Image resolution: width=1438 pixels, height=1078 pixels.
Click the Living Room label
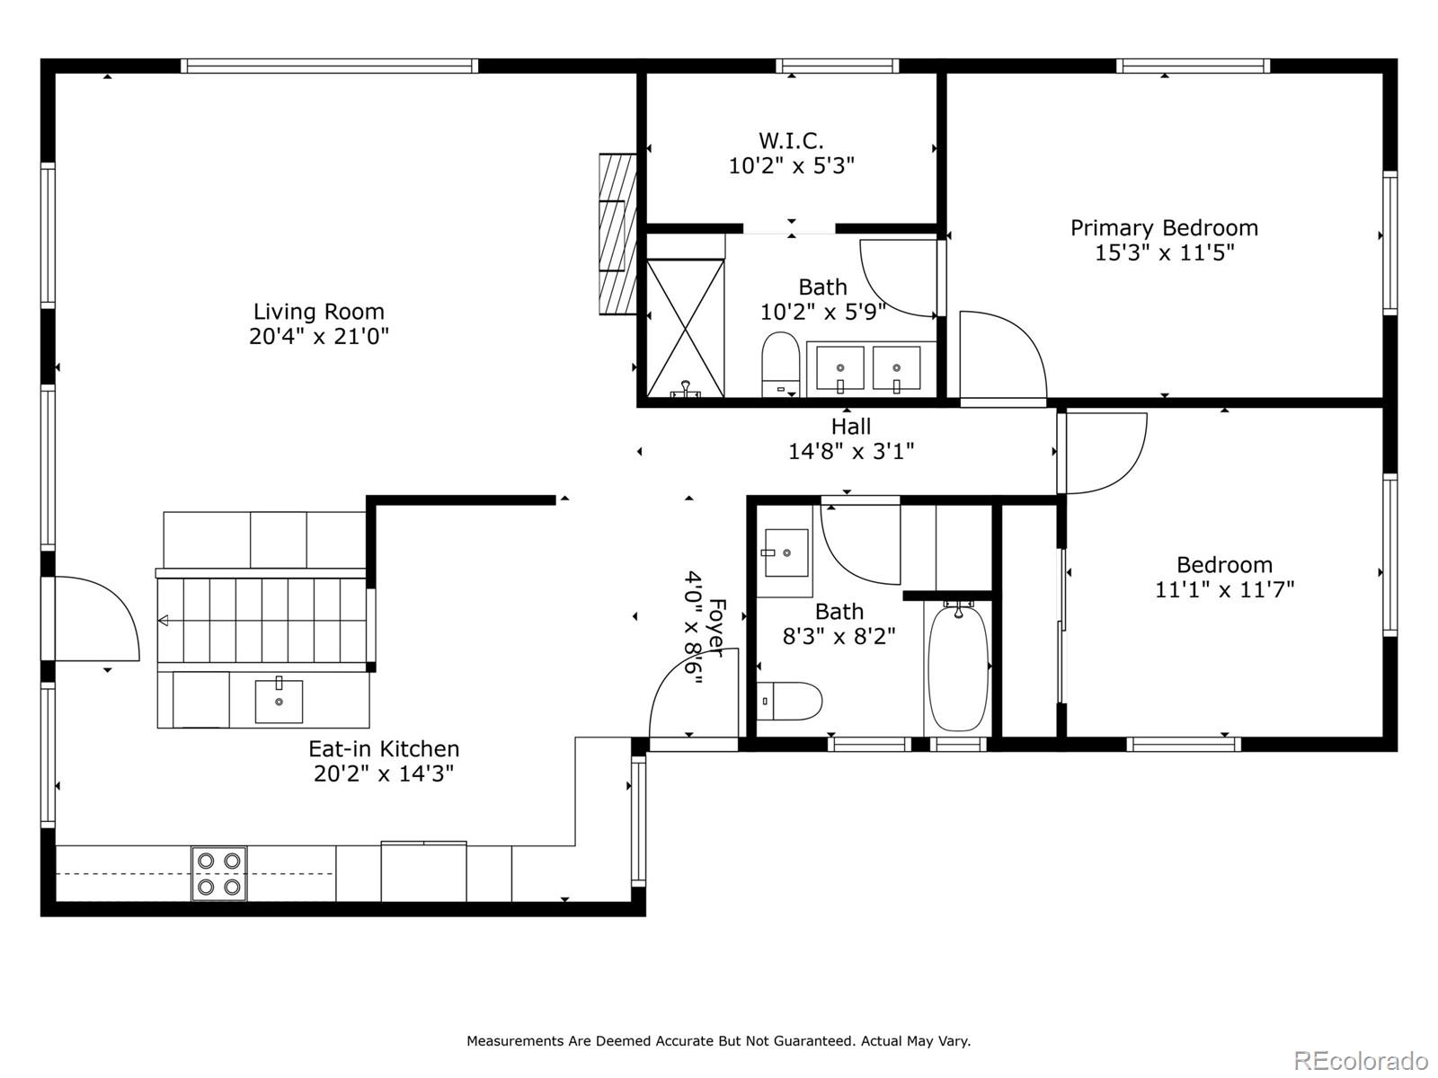318,312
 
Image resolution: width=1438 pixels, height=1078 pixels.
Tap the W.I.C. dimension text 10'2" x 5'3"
791,166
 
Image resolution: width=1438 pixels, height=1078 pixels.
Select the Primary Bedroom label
1164,228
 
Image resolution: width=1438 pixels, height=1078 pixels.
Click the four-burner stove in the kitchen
219,873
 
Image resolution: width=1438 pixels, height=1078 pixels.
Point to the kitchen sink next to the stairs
279,701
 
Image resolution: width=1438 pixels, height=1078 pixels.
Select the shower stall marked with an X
685,328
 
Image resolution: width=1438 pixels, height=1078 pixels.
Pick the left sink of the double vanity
839,368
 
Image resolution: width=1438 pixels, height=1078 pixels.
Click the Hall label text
850,426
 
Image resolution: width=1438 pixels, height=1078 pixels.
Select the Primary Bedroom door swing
1002,355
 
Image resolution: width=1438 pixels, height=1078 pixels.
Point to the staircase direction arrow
164,620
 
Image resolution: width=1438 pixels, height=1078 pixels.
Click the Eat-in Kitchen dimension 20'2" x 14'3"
384,773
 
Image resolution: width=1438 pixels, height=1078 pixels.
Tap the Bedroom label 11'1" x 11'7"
1224,578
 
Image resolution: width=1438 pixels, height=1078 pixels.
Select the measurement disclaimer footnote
718,1041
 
